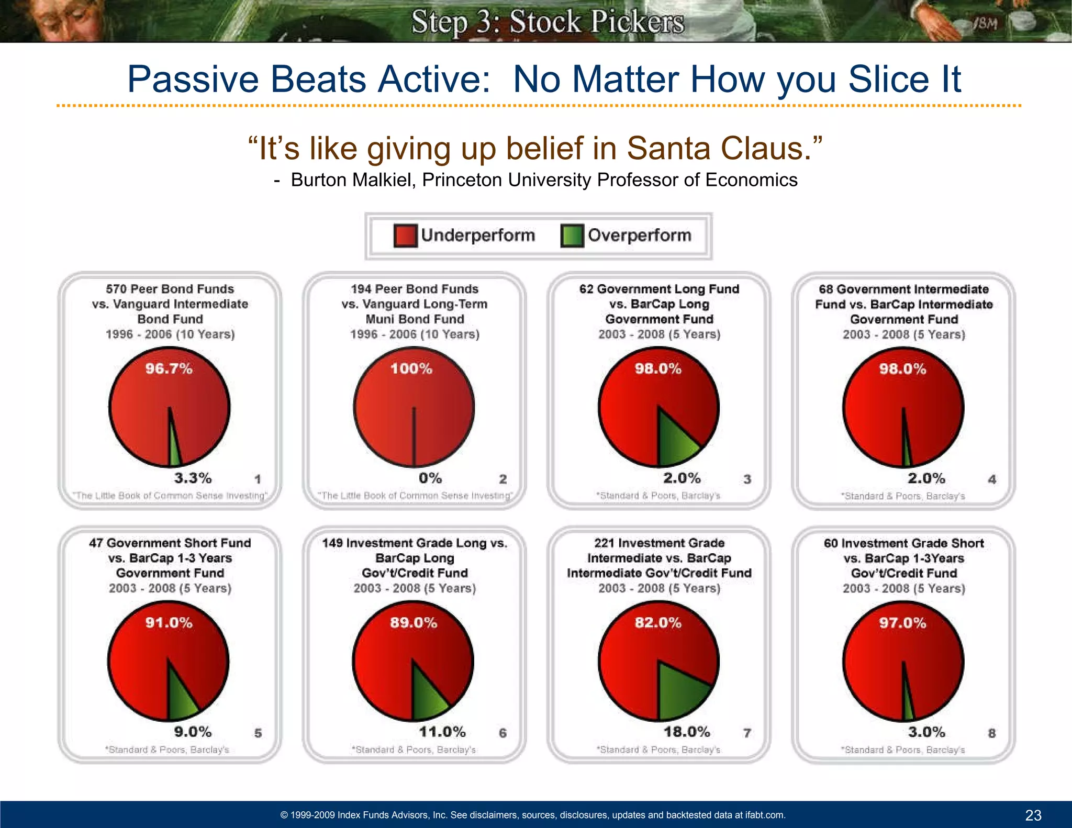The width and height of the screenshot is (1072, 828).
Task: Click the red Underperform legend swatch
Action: coord(405,236)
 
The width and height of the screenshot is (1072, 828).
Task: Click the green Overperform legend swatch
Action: coord(572,236)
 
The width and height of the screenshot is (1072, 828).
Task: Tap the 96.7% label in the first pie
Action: coord(169,368)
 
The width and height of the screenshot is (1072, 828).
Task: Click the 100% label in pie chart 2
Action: coord(411,368)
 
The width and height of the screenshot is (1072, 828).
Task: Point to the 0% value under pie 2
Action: coord(430,478)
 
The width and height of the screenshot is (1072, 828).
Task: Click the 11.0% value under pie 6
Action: coord(442,731)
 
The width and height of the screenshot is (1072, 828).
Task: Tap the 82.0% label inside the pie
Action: coord(658,622)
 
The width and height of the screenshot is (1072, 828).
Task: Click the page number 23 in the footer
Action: coord(1033,815)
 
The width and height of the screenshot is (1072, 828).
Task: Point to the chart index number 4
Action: coord(992,479)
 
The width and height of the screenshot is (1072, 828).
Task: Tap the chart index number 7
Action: coord(747,733)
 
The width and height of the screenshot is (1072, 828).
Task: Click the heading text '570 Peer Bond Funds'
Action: coord(170,289)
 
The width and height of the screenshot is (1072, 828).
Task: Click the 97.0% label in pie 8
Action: coord(902,622)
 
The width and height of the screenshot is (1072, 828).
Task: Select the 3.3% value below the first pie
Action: coord(193,478)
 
